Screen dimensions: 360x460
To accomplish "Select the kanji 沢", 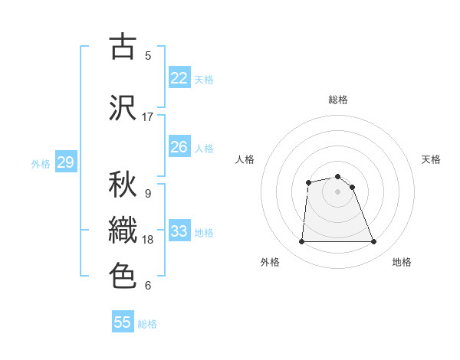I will (x=123, y=107).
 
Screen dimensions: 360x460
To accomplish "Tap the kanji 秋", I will (x=123, y=184).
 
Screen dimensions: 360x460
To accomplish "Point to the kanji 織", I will (x=123, y=230).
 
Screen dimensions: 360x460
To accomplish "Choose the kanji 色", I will (x=123, y=275).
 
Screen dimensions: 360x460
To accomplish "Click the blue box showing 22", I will (x=179, y=78).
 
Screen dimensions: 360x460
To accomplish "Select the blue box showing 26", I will (x=179, y=147).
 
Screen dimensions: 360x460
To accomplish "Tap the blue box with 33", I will (x=179, y=231).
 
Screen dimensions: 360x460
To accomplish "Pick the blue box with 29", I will (x=65, y=162).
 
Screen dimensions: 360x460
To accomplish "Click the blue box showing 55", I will (x=123, y=322).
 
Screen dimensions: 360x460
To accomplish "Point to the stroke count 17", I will (x=147, y=117).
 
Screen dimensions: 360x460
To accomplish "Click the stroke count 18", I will (x=147, y=240).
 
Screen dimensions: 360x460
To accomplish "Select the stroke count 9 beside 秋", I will (x=147, y=193).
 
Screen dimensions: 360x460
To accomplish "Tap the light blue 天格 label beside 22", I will (x=204, y=79).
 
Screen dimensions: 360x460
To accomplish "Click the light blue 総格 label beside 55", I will (x=147, y=324).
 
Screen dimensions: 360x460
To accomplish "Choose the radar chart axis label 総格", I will (x=337, y=100).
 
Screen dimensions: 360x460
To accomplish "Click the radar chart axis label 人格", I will (x=245, y=159).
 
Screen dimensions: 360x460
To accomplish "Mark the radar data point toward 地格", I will (x=373, y=242).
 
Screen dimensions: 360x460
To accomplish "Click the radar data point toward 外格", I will (x=301, y=242).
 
